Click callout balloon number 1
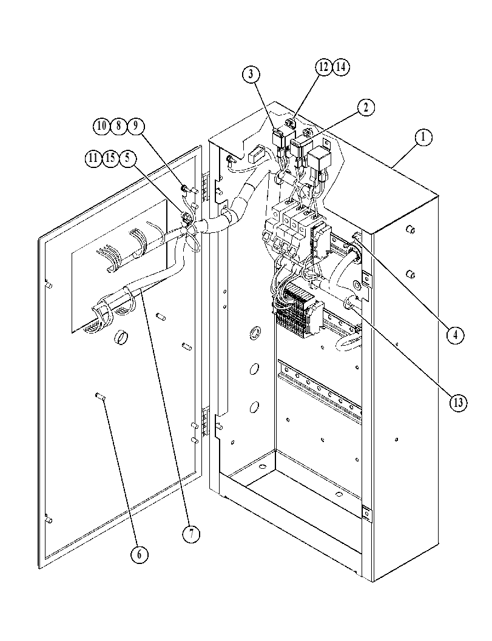point(423,137)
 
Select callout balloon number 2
point(366,107)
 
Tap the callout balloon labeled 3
point(251,74)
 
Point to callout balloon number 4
point(455,335)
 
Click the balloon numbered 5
point(127,158)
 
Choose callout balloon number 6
point(140,554)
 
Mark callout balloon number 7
point(191,534)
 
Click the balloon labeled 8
point(119,126)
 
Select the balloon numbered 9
point(136,126)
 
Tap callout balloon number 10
point(101,126)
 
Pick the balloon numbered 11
point(93,158)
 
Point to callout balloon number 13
point(457,403)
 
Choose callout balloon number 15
point(110,158)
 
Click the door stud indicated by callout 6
point(99,395)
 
